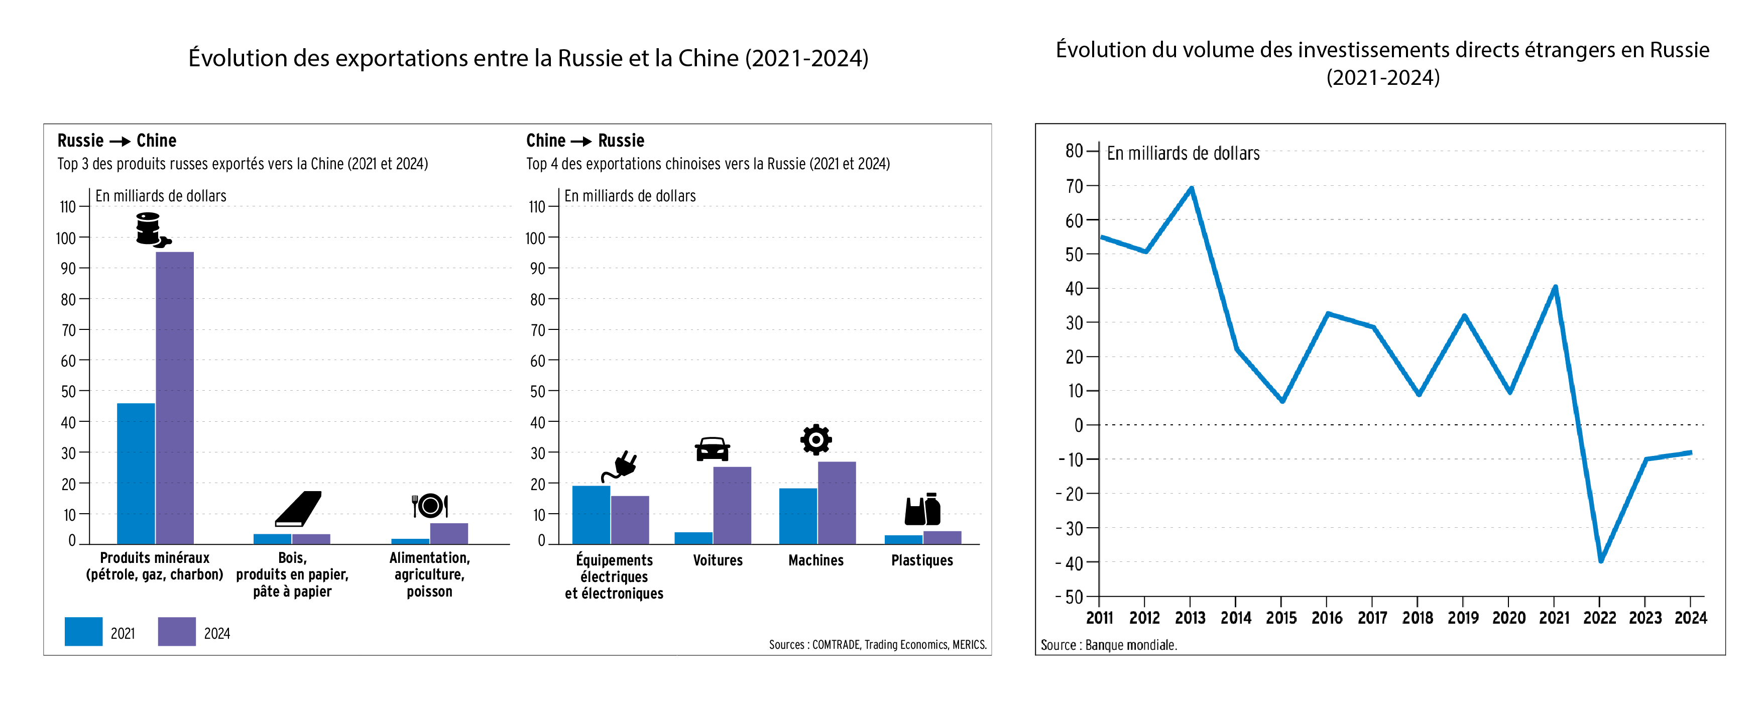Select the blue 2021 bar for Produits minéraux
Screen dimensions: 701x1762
pos(136,473)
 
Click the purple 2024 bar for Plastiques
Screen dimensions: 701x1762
pos(942,537)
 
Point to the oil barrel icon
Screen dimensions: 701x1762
pos(151,229)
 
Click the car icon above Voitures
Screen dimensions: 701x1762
pos(712,449)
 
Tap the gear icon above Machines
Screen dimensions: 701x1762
pos(816,440)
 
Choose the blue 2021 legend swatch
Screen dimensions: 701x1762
pos(83,632)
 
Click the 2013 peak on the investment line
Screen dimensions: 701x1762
pos(1192,188)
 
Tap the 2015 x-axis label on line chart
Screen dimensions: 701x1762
pos(1281,618)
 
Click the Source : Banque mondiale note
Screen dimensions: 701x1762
pos(1108,645)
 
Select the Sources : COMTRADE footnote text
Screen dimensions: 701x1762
pos(878,645)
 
